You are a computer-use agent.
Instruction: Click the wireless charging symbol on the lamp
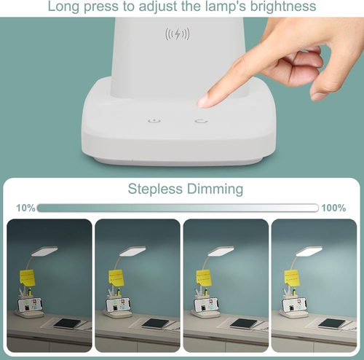pyautogui.click(x=178, y=34)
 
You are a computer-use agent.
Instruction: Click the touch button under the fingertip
pyautogui.click(x=200, y=121)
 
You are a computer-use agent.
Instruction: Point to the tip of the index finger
pyautogui.click(x=207, y=101)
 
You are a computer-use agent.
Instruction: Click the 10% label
pyautogui.click(x=25, y=208)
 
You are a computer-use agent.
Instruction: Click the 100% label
pyautogui.click(x=333, y=208)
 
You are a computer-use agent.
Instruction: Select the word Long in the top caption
pyautogui.click(x=66, y=7)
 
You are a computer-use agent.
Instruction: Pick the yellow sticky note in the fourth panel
pyautogui.click(x=291, y=278)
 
